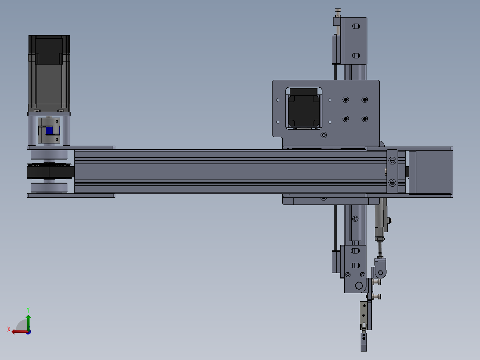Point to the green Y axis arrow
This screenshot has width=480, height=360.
[28, 320]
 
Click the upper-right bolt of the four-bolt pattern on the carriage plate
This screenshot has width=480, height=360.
[365, 99]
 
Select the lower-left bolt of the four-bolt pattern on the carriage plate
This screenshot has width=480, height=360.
[346, 119]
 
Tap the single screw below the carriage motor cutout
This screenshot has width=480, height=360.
[323, 134]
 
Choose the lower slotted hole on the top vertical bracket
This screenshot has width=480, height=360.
[355, 56]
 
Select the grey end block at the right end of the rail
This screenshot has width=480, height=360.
[430, 172]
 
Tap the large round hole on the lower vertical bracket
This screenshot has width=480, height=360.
[359, 286]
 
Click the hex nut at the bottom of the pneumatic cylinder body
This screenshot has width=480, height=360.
[379, 239]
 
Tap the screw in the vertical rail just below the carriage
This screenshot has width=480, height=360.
[355, 219]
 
